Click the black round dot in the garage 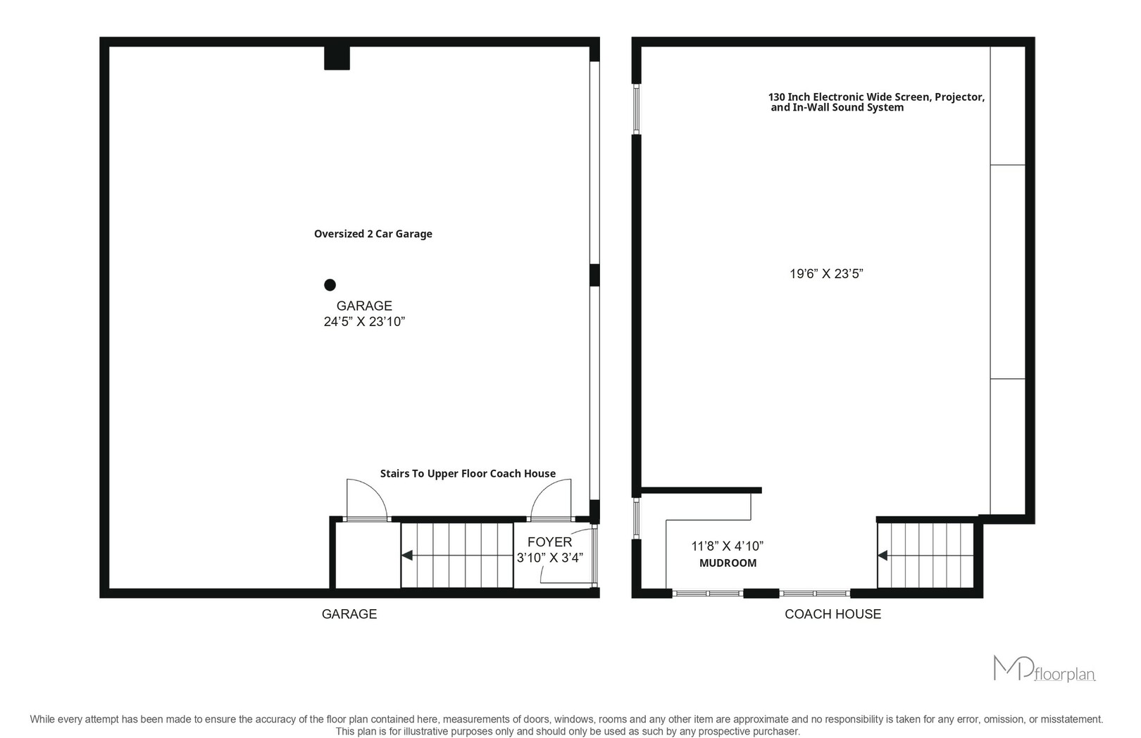click(330, 284)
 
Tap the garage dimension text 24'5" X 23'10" click(364, 322)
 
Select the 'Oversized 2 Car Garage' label click(373, 234)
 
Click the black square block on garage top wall click(337, 58)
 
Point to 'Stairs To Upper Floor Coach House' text click(468, 474)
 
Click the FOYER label click(549, 542)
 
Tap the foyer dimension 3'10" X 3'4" click(549, 558)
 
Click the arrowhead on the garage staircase click(407, 555)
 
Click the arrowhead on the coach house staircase click(883, 555)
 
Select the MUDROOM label click(728, 563)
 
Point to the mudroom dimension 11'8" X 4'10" click(728, 546)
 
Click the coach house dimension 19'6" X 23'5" click(826, 274)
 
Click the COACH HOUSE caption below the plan click(833, 614)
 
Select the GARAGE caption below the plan click(349, 614)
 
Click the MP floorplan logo click(1045, 669)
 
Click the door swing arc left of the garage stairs click(375, 490)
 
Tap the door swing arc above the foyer click(544, 492)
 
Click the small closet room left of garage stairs click(368, 555)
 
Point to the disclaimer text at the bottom click(566, 725)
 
